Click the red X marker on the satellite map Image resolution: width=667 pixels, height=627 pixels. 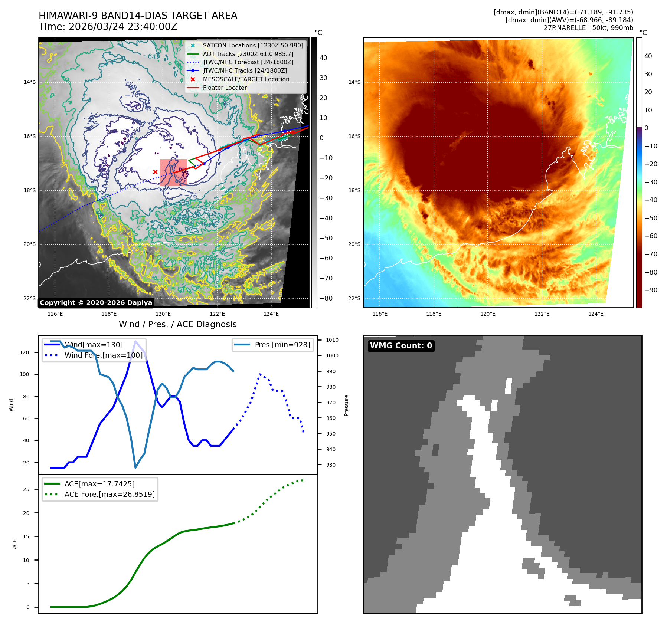pos(155,172)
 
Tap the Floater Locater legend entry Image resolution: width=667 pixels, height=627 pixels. pos(225,88)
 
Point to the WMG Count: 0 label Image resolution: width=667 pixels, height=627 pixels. pos(401,346)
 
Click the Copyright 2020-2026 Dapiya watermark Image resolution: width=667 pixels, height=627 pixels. pos(96,303)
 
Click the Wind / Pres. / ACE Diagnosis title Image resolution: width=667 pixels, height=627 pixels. pos(177,324)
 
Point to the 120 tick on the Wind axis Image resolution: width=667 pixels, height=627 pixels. pos(24,352)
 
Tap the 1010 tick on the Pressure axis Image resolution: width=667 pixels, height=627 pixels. pos(332,340)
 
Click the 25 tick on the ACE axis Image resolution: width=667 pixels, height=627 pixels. pos(26,489)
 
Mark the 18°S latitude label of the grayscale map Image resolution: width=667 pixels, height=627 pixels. pos(30,190)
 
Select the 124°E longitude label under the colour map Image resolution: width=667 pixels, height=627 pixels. pos(596,314)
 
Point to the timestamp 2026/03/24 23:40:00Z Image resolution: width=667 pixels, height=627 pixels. pos(123,27)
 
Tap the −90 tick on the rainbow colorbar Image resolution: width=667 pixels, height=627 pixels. pos(651,290)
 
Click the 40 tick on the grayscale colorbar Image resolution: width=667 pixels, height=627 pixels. pos(323,58)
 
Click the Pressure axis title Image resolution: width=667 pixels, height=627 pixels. pos(346,405)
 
